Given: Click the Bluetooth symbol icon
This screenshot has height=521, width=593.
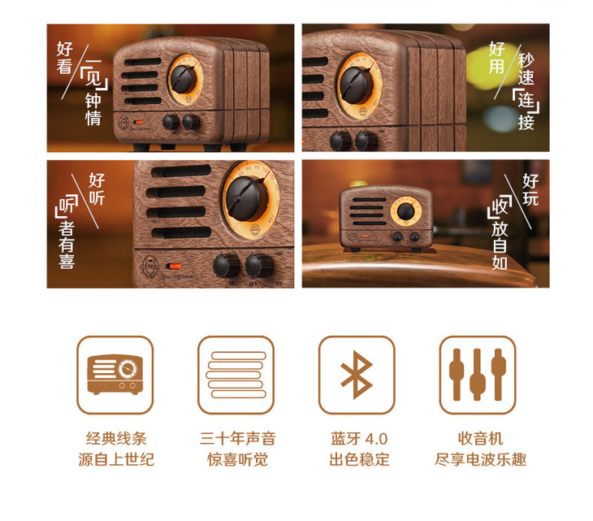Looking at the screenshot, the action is tap(357, 375).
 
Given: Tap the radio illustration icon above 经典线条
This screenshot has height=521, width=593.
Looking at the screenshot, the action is tap(115, 375).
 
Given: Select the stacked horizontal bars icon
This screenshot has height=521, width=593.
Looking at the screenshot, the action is tap(236, 375).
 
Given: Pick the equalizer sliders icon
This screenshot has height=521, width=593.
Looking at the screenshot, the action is tap(478, 375).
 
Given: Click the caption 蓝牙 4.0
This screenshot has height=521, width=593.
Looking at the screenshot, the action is tap(359, 439).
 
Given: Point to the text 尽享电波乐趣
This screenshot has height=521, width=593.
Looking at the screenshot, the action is tap(480, 459).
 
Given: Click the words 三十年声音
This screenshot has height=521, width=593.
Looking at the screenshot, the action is tap(237, 439).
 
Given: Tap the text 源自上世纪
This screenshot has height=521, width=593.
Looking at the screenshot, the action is tap(116, 459).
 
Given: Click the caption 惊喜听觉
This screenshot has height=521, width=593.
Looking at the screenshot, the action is tap(237, 459).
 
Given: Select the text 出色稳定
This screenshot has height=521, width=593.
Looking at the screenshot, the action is tap(359, 459).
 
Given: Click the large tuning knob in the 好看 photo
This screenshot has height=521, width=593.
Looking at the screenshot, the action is tap(183, 79).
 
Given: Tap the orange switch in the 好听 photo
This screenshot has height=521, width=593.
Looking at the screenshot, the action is tap(175, 266).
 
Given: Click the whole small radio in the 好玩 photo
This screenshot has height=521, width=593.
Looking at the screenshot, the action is tap(386, 219).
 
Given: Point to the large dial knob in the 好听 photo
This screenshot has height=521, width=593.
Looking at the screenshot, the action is tap(247, 198).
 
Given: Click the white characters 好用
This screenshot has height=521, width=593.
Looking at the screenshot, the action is tap(497, 58).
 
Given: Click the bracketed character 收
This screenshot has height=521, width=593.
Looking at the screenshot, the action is tap(500, 206).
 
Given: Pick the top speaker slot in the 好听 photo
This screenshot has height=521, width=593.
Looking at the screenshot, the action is tap(181, 171).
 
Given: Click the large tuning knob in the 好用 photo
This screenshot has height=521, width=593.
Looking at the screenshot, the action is tap(356, 85).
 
